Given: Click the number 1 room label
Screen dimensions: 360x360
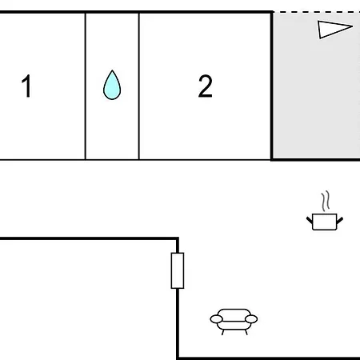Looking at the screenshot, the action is (x=26, y=86).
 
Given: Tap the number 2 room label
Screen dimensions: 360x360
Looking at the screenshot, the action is (x=206, y=86).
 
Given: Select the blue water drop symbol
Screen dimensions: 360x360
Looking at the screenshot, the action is (x=112, y=86).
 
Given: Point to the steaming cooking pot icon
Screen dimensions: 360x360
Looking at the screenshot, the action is (x=325, y=210).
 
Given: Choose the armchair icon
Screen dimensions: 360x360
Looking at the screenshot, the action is (x=234, y=322).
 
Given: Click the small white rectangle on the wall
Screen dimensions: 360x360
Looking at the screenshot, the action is (x=178, y=270).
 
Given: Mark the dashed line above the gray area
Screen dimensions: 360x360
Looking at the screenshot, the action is (x=316, y=12).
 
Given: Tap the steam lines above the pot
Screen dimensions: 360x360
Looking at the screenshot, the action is (x=326, y=201).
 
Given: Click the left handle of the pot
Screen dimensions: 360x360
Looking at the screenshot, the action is (x=310, y=220).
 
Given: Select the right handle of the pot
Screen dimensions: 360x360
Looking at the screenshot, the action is (x=340, y=220).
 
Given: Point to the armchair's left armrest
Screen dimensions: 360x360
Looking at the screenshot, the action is (x=216, y=319).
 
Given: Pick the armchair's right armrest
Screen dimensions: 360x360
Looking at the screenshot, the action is (x=251, y=319).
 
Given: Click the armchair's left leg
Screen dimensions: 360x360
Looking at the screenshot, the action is (x=222, y=332).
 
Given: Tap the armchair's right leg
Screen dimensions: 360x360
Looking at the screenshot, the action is (x=246, y=332).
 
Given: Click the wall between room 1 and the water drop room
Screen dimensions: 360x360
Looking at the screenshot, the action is (x=86, y=86).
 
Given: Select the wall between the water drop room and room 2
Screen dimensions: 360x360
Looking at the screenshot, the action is (x=139, y=86).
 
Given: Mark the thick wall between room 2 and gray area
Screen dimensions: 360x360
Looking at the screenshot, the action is (x=272, y=86).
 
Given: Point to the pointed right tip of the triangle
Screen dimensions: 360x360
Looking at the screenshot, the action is (x=353, y=26).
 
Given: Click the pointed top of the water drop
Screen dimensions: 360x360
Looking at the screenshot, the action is (x=112, y=70).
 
